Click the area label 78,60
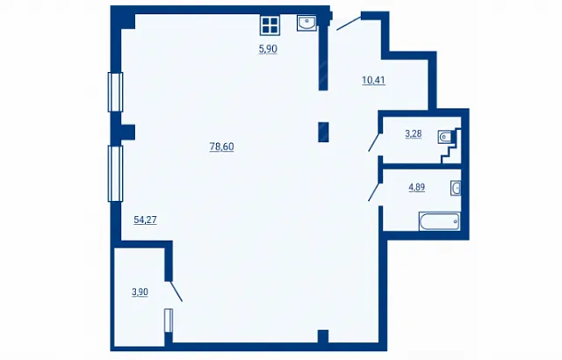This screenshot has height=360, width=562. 221,147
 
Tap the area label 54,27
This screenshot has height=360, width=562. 145,220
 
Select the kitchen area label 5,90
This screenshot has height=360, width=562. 268,49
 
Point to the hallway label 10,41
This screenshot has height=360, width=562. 373,80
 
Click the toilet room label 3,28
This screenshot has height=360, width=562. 414,134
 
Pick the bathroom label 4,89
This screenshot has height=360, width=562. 417,187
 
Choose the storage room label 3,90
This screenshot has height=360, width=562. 140,292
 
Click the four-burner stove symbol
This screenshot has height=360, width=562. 270,25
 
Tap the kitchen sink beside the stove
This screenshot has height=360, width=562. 306,24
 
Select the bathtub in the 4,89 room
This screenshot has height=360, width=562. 439,221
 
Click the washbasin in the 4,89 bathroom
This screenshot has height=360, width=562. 456,188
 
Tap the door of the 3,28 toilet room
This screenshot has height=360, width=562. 375,142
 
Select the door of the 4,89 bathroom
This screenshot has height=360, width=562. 375,192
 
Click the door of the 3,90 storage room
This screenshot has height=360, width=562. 176,292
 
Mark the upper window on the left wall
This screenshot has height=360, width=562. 115,92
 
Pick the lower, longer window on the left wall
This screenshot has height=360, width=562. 115,174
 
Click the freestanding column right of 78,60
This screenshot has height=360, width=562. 323,133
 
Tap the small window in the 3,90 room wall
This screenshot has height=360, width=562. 169,320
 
